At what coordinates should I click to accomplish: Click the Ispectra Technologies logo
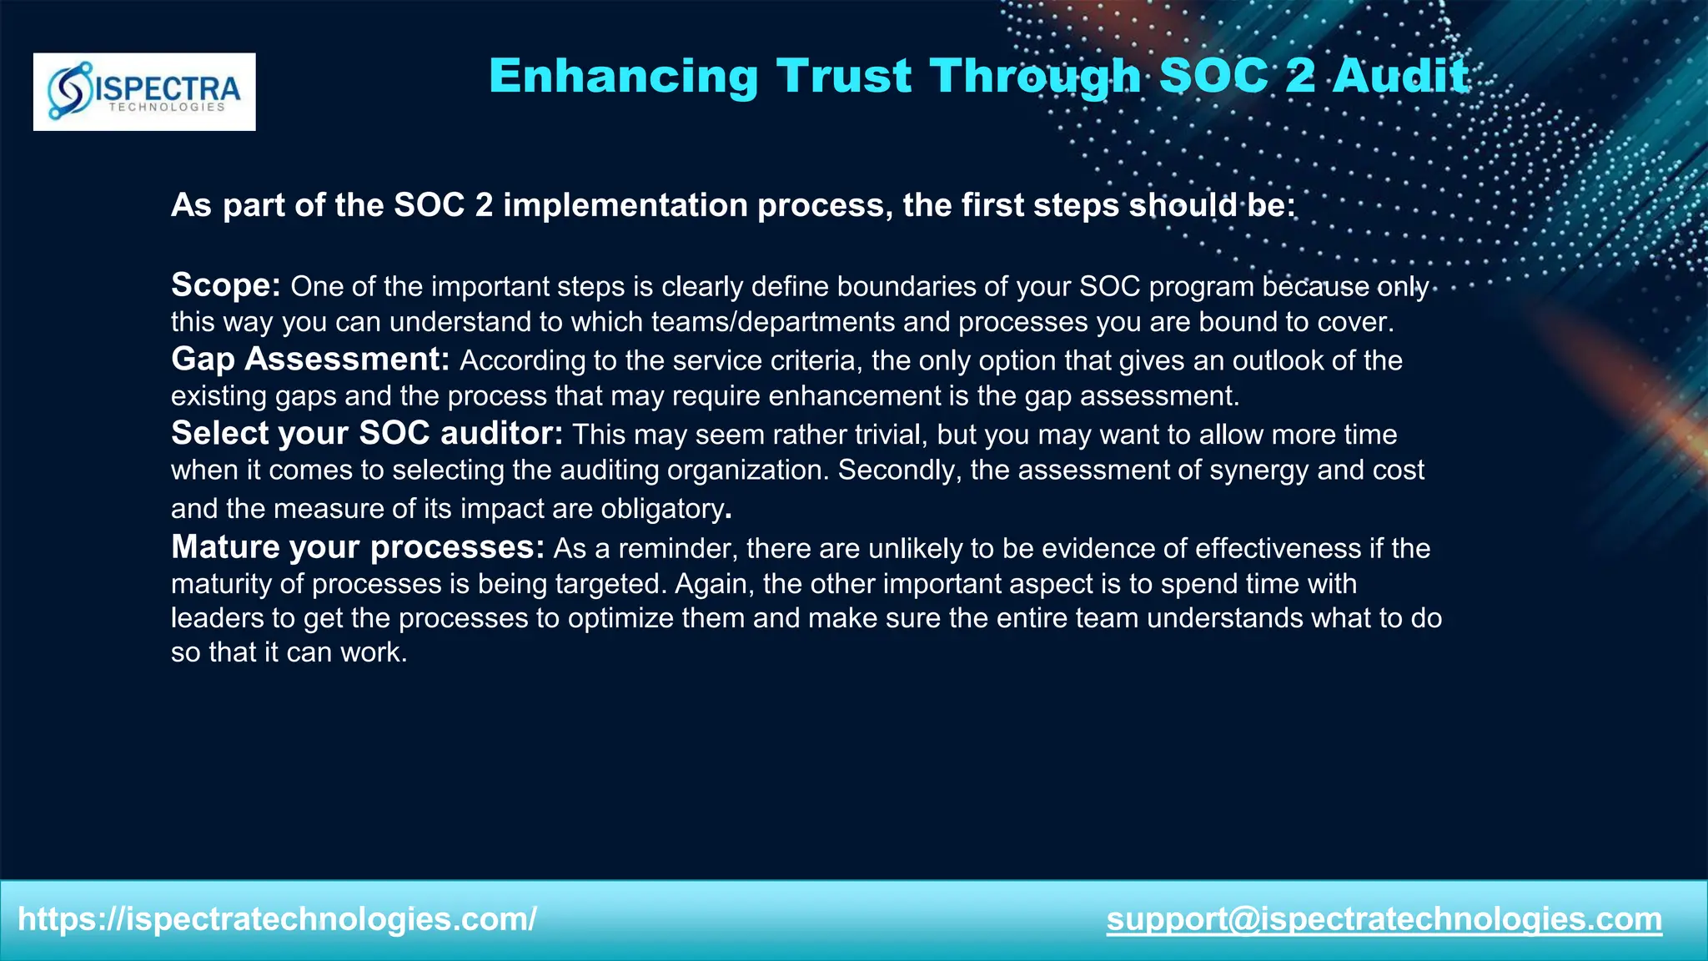[x=144, y=92]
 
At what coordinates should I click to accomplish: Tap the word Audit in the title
[x=1400, y=76]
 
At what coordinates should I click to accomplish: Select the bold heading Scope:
[x=226, y=285]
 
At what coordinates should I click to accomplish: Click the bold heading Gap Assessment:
[x=310, y=360]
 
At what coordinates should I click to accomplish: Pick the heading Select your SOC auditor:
[x=367, y=434]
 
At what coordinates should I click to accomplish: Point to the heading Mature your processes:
[x=358, y=547]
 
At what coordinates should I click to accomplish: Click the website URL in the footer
[x=277, y=919]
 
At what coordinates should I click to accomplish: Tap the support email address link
[x=1384, y=919]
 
